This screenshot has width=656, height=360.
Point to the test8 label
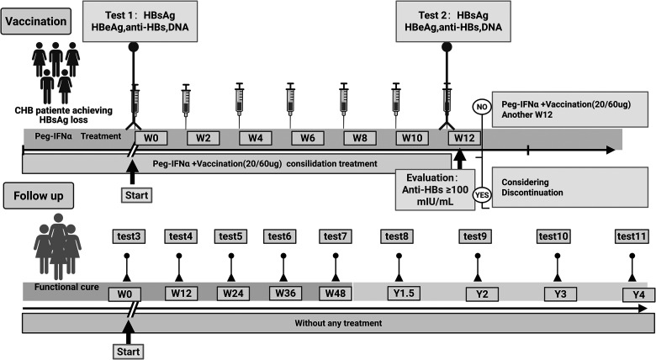tap(397, 236)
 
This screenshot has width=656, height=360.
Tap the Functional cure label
tap(63, 288)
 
